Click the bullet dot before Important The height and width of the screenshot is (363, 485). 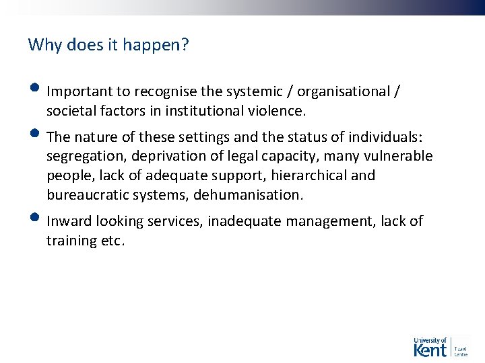coord(35,88)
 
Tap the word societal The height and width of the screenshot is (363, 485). coord(69,110)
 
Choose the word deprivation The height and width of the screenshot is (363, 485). coord(166,157)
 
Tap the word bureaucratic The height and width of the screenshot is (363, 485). coord(87,195)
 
